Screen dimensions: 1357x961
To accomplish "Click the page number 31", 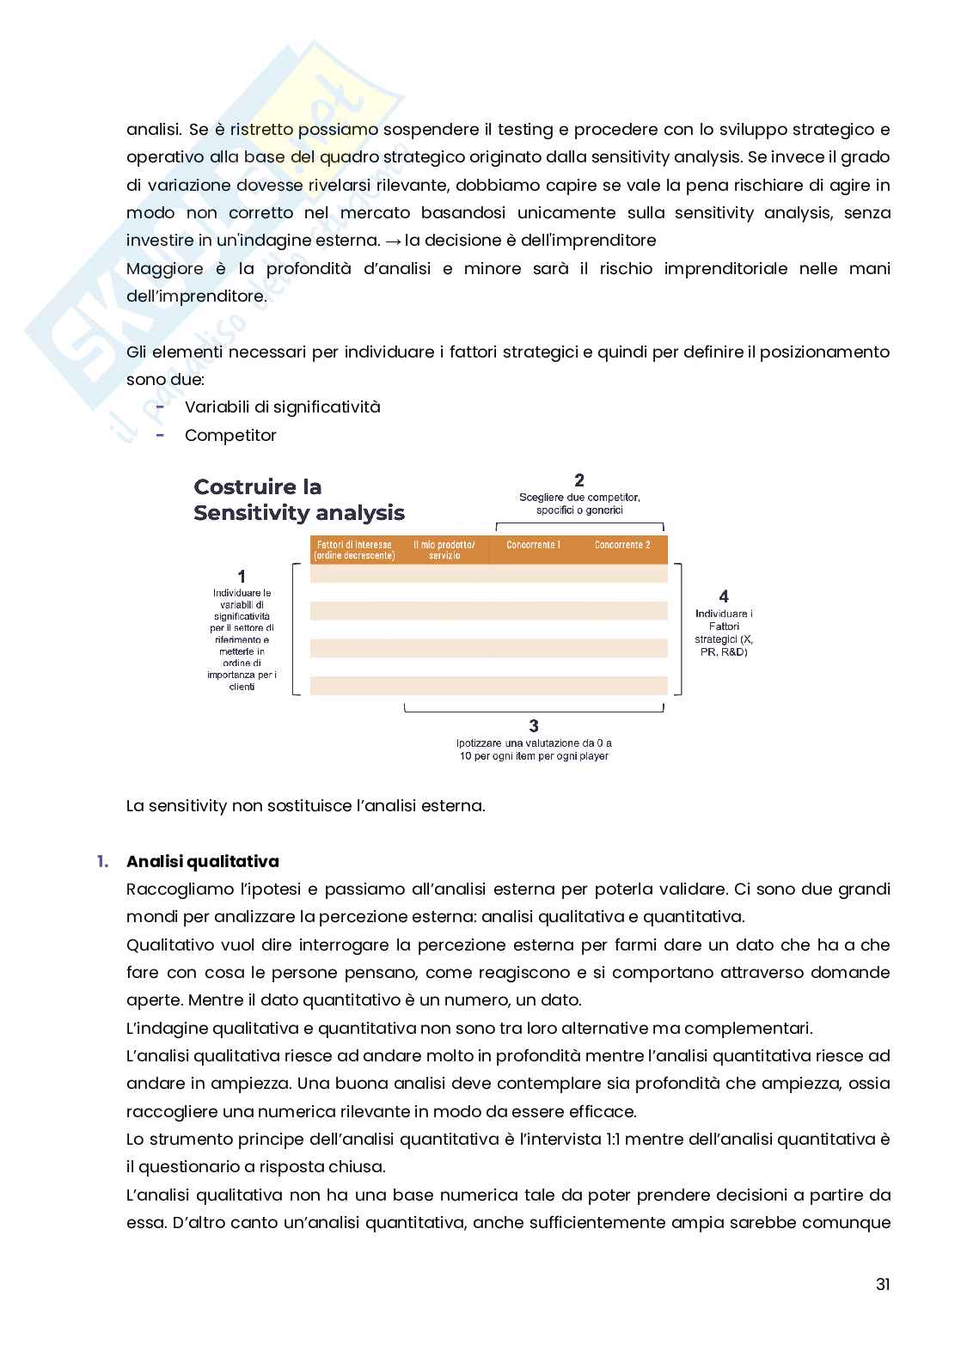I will pyautogui.click(x=882, y=1284).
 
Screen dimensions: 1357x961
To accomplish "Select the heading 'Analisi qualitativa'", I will pyautogui.click(x=202, y=861).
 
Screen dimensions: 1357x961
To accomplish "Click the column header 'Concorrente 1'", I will pyautogui.click(x=533, y=545).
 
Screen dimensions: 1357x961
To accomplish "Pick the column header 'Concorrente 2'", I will pyautogui.click(x=622, y=545).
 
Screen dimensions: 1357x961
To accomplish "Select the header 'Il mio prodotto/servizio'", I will pyautogui.click(x=444, y=550).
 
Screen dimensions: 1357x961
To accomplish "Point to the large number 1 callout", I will pyautogui.click(x=242, y=577).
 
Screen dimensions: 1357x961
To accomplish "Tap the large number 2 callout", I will pyautogui.click(x=579, y=480).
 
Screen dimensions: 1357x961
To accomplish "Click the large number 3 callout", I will pyautogui.click(x=534, y=726).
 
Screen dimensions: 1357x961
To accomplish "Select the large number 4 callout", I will pyautogui.click(x=724, y=596).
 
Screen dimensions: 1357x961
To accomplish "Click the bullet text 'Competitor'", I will pyautogui.click(x=230, y=435).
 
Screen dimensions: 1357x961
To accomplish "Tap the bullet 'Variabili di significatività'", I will pyautogui.click(x=282, y=406).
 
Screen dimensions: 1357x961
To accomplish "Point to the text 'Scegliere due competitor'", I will pyautogui.click(x=579, y=498).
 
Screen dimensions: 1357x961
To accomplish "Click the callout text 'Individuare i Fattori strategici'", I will pyautogui.click(x=724, y=633).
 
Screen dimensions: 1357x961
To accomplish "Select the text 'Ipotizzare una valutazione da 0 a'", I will pyautogui.click(x=534, y=743).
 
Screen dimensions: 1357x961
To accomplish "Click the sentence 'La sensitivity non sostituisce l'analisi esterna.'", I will pyautogui.click(x=305, y=806).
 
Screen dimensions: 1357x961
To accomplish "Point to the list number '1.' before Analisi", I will pyautogui.click(x=103, y=861).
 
